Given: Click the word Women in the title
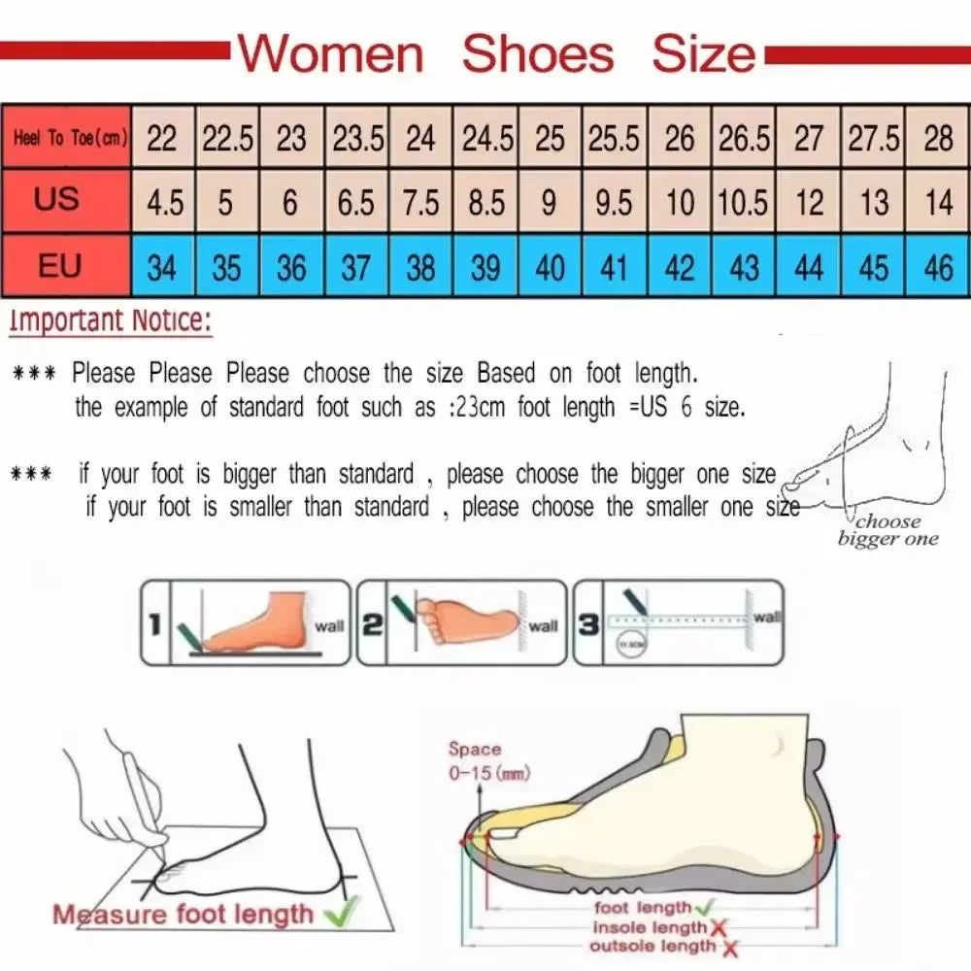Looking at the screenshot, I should [333, 53].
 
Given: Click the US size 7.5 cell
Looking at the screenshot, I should [420, 203].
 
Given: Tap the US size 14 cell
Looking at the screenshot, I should [939, 203].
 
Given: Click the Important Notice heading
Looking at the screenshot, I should [110, 320].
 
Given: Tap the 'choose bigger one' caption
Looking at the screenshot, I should [887, 530].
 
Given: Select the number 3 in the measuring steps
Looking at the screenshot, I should [588, 624].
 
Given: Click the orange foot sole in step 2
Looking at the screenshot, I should [466, 619].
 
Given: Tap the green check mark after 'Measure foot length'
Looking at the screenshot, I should [340, 911].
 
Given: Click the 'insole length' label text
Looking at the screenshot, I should [650, 927].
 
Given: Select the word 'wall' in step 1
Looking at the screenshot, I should [329, 626].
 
